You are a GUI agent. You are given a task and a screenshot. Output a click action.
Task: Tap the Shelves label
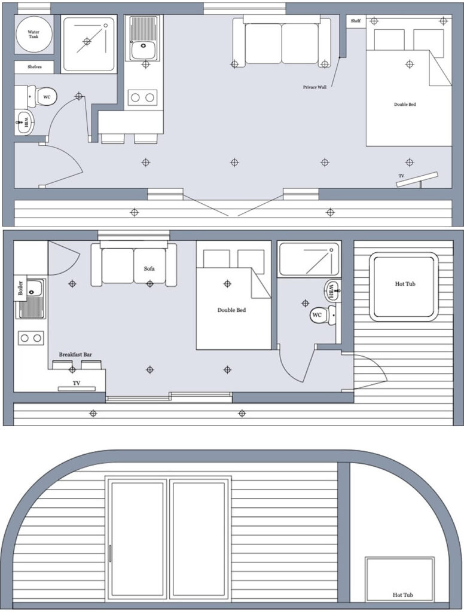pyautogui.click(x=34, y=67)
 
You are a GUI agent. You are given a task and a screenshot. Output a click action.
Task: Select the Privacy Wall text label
pyautogui.click(x=315, y=87)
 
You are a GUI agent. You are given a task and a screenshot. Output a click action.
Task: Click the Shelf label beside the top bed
pyautogui.click(x=356, y=21)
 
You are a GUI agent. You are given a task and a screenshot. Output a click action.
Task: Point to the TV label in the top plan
pyautogui.click(x=402, y=176)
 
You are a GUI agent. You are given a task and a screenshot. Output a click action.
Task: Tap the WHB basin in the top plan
pyautogui.click(x=25, y=124)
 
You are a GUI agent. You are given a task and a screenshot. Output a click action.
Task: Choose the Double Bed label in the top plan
pyautogui.click(x=404, y=105)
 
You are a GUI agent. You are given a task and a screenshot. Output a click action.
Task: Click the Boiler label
pyautogui.click(x=21, y=287)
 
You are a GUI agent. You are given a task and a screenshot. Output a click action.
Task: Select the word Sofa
pyautogui.click(x=149, y=269)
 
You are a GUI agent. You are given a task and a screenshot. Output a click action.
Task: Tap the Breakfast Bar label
pyautogui.click(x=75, y=354)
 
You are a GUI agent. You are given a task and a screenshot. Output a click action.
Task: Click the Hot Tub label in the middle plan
pyautogui.click(x=405, y=284)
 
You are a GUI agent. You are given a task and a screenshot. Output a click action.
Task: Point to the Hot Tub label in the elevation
pyautogui.click(x=403, y=595)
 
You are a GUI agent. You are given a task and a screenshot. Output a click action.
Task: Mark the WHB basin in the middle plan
pyautogui.click(x=331, y=292)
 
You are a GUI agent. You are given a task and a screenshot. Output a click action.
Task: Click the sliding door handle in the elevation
pyautogui.click(x=110, y=553)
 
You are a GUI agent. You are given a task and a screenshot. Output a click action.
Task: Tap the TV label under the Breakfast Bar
pyautogui.click(x=76, y=382)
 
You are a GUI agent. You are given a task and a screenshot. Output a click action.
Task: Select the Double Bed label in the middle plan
pyautogui.click(x=231, y=310)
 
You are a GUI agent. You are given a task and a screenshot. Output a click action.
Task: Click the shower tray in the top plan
pyautogui.click(x=88, y=44)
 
